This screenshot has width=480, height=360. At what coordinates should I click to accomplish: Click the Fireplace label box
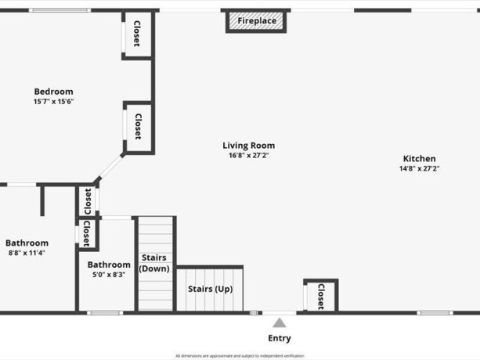coord(257,21)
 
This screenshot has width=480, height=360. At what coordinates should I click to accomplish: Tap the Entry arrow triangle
coord(280,322)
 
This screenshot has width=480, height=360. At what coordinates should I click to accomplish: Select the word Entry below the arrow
coord(280,338)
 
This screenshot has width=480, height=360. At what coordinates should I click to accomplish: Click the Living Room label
coord(248,146)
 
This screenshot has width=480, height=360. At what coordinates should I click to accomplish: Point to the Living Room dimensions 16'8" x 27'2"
coord(248,156)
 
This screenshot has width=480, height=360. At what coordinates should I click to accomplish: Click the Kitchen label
coord(419,158)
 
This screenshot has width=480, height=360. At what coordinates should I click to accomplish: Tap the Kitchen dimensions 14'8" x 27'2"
coord(419,168)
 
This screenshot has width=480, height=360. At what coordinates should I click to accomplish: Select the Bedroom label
coord(53,92)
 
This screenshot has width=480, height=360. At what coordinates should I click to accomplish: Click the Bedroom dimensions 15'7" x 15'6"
coord(53,102)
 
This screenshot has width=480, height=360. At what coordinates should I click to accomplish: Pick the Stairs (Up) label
coord(210,289)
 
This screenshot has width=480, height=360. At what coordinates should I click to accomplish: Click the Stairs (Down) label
coord(154,263)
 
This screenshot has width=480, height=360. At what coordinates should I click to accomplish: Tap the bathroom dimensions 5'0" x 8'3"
coord(109,275)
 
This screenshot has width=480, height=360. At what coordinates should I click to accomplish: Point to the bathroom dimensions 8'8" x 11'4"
coord(27,253)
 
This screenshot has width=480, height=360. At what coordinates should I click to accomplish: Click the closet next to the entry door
coord(320,296)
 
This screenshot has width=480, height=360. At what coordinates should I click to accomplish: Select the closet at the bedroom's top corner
coord(137,33)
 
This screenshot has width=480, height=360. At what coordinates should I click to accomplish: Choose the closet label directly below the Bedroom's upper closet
coord(138,127)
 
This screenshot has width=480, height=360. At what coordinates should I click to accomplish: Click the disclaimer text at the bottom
coord(240,355)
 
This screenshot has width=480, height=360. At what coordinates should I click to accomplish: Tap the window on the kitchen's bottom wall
coord(435,313)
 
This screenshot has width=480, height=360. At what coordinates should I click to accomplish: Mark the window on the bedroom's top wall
coord(60,10)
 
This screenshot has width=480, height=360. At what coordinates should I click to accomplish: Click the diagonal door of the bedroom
coord(110,168)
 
